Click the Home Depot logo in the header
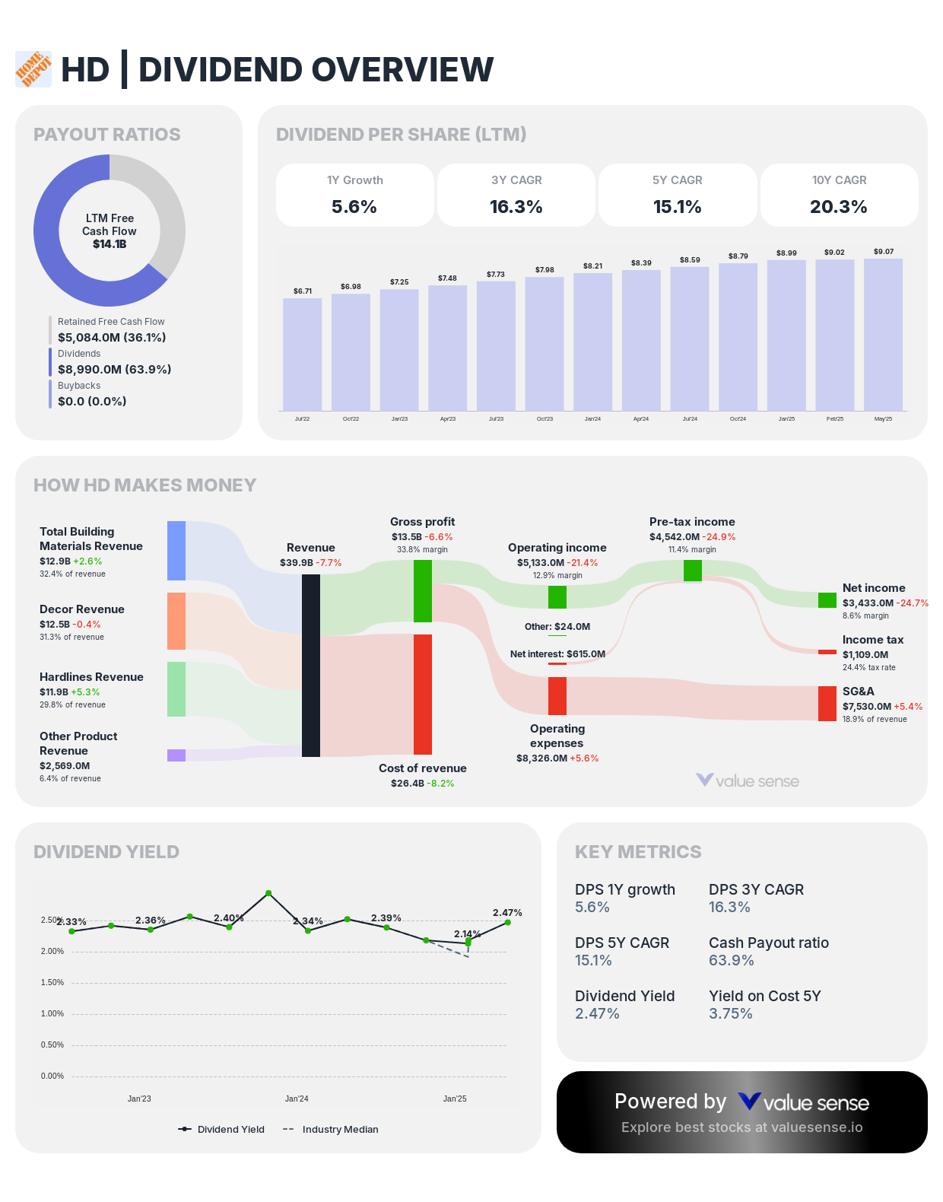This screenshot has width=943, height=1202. tap(33, 69)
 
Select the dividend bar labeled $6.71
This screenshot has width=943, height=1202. tap(302, 354)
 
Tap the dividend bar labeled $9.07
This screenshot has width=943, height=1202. tap(883, 335)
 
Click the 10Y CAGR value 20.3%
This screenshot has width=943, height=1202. tap(838, 207)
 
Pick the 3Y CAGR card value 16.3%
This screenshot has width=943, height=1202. tap(516, 207)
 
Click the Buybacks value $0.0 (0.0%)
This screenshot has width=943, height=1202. tap(92, 401)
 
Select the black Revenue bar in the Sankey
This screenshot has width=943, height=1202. tap(311, 666)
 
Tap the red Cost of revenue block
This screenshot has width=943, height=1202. tap(423, 694)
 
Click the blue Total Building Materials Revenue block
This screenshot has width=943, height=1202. tap(176, 551)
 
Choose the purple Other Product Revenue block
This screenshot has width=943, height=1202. tap(176, 755)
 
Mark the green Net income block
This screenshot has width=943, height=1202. tap(827, 600)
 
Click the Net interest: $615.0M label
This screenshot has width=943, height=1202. tap(557, 653)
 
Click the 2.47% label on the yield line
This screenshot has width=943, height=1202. tap(507, 912)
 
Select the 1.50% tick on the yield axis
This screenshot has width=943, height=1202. tap(52, 982)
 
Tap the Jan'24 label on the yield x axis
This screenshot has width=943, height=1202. tap(297, 1099)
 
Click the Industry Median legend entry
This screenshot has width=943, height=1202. tap(331, 1129)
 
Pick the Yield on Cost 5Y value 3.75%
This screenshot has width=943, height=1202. tap(730, 1013)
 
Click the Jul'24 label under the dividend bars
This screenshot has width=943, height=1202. tap(690, 418)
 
